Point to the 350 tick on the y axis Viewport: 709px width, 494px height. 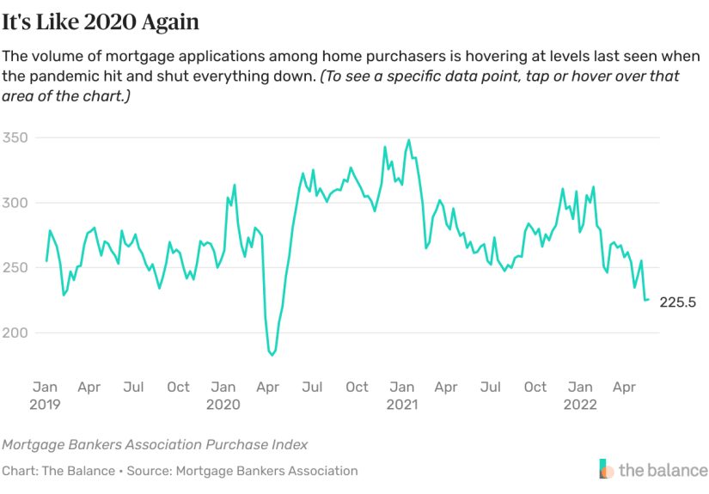[15, 138]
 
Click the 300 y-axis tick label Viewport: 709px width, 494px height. [15, 203]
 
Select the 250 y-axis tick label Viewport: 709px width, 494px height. [15, 268]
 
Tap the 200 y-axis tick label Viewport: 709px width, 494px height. [15, 332]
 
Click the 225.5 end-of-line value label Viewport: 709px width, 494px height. [677, 302]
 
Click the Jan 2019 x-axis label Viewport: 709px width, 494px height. [46, 395]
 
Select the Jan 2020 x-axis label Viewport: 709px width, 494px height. [223, 395]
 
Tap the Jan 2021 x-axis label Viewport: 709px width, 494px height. [401, 395]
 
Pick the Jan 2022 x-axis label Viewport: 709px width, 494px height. [580, 395]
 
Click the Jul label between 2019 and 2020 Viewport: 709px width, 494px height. [133, 387]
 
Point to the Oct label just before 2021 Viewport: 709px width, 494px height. [357, 387]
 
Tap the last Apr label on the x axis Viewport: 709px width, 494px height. [624, 387]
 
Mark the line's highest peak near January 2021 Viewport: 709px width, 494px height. [409, 140]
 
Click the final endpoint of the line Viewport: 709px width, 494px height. [648, 300]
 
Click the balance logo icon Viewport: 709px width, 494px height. [607, 469]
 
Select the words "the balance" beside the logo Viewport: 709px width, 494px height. [663, 470]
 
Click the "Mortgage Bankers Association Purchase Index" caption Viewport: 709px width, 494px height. [155, 445]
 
